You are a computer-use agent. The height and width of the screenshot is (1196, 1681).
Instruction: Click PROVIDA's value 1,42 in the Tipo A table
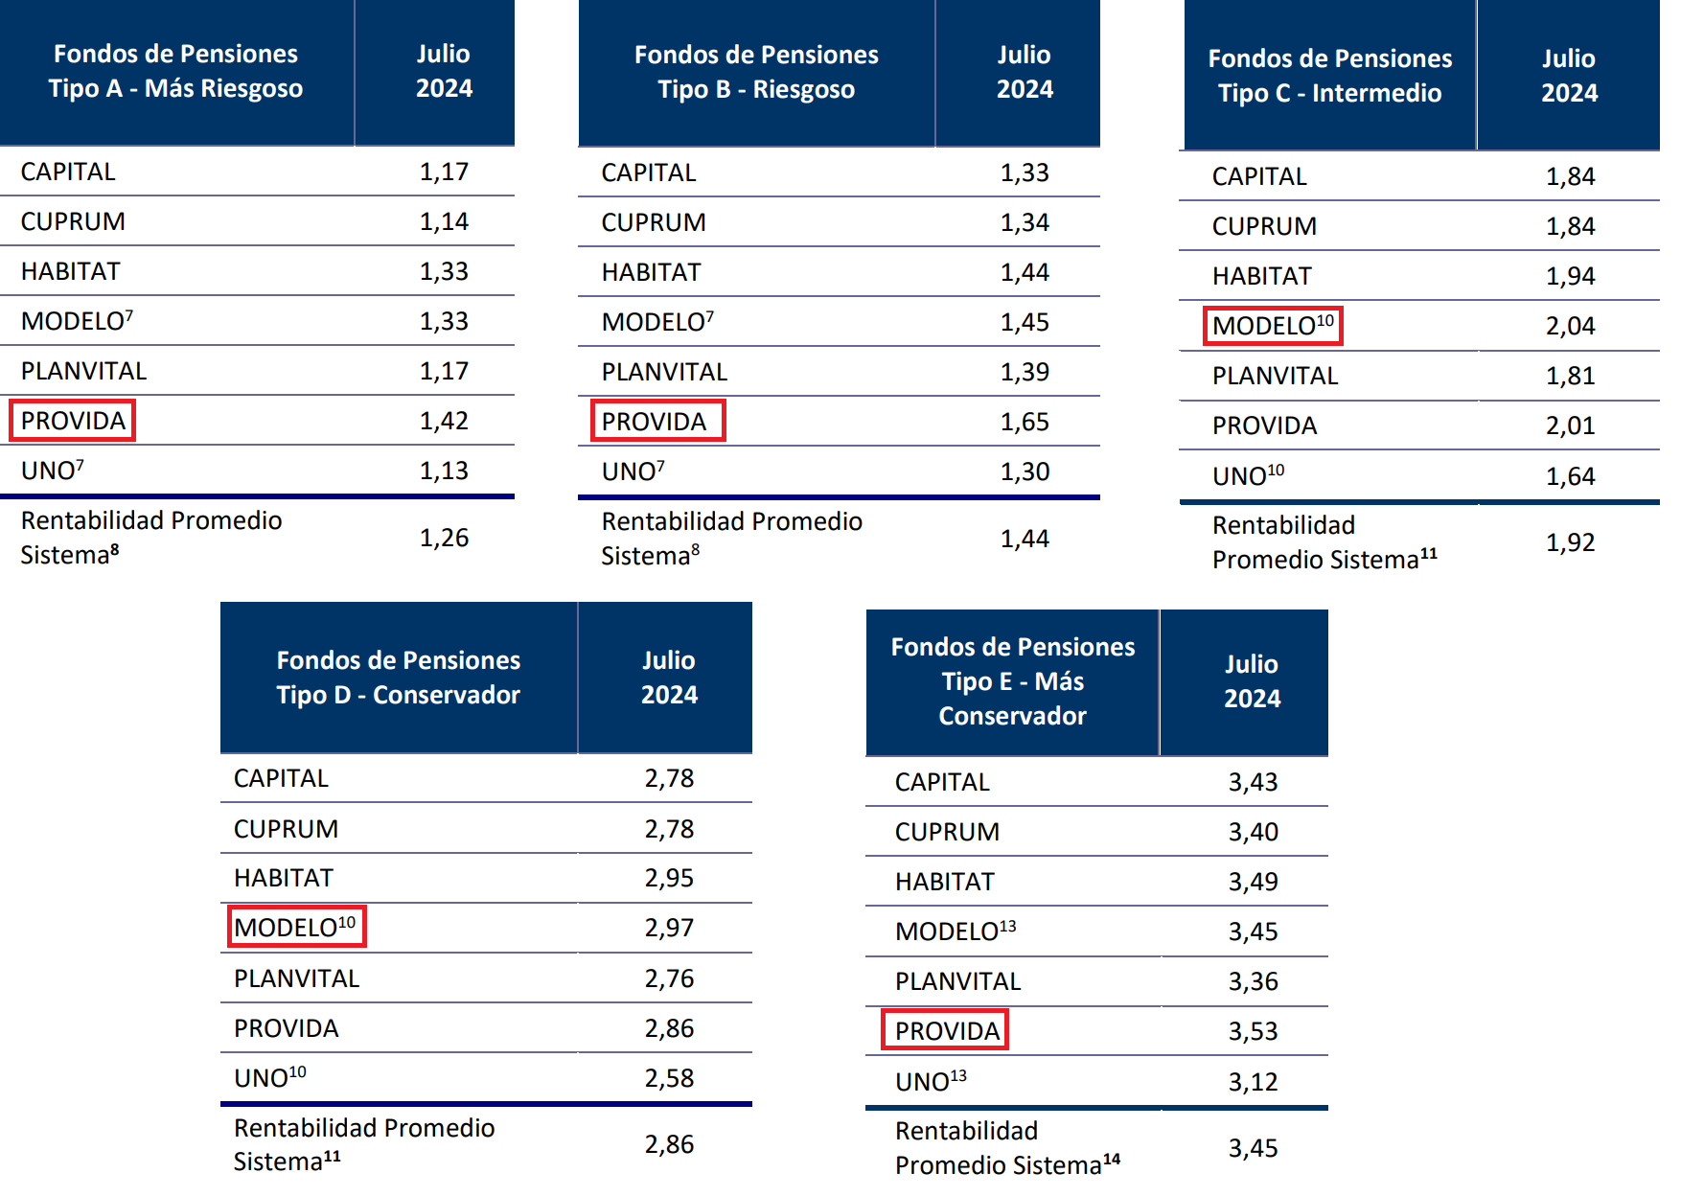444,421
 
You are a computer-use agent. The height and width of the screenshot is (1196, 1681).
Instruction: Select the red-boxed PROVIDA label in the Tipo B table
655,422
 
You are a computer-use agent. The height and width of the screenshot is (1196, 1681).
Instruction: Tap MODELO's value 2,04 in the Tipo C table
1570,326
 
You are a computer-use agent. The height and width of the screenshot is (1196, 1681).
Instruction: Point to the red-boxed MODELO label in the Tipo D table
295,928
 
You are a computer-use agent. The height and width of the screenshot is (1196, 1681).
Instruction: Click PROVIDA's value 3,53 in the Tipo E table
1253,1031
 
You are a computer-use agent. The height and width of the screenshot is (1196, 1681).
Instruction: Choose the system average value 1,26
444,538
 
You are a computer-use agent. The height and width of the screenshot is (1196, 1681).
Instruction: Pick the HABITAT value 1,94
1570,276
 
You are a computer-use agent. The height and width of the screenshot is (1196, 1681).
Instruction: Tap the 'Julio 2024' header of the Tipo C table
1569,76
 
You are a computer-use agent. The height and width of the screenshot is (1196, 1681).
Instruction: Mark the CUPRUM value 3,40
1253,832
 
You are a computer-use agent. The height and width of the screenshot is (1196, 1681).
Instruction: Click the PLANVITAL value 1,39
1025,372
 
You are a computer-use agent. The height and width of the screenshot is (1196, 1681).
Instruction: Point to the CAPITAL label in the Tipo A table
68,172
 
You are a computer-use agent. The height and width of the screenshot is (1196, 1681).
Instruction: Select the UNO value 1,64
1570,476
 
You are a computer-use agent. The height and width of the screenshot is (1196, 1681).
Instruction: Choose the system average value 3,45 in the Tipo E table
1253,1148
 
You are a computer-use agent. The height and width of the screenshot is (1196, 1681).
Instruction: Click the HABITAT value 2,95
669,878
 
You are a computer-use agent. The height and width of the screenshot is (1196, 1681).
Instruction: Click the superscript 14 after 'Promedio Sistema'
1112,1160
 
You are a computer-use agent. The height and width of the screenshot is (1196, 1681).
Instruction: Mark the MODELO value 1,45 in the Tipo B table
1025,322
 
